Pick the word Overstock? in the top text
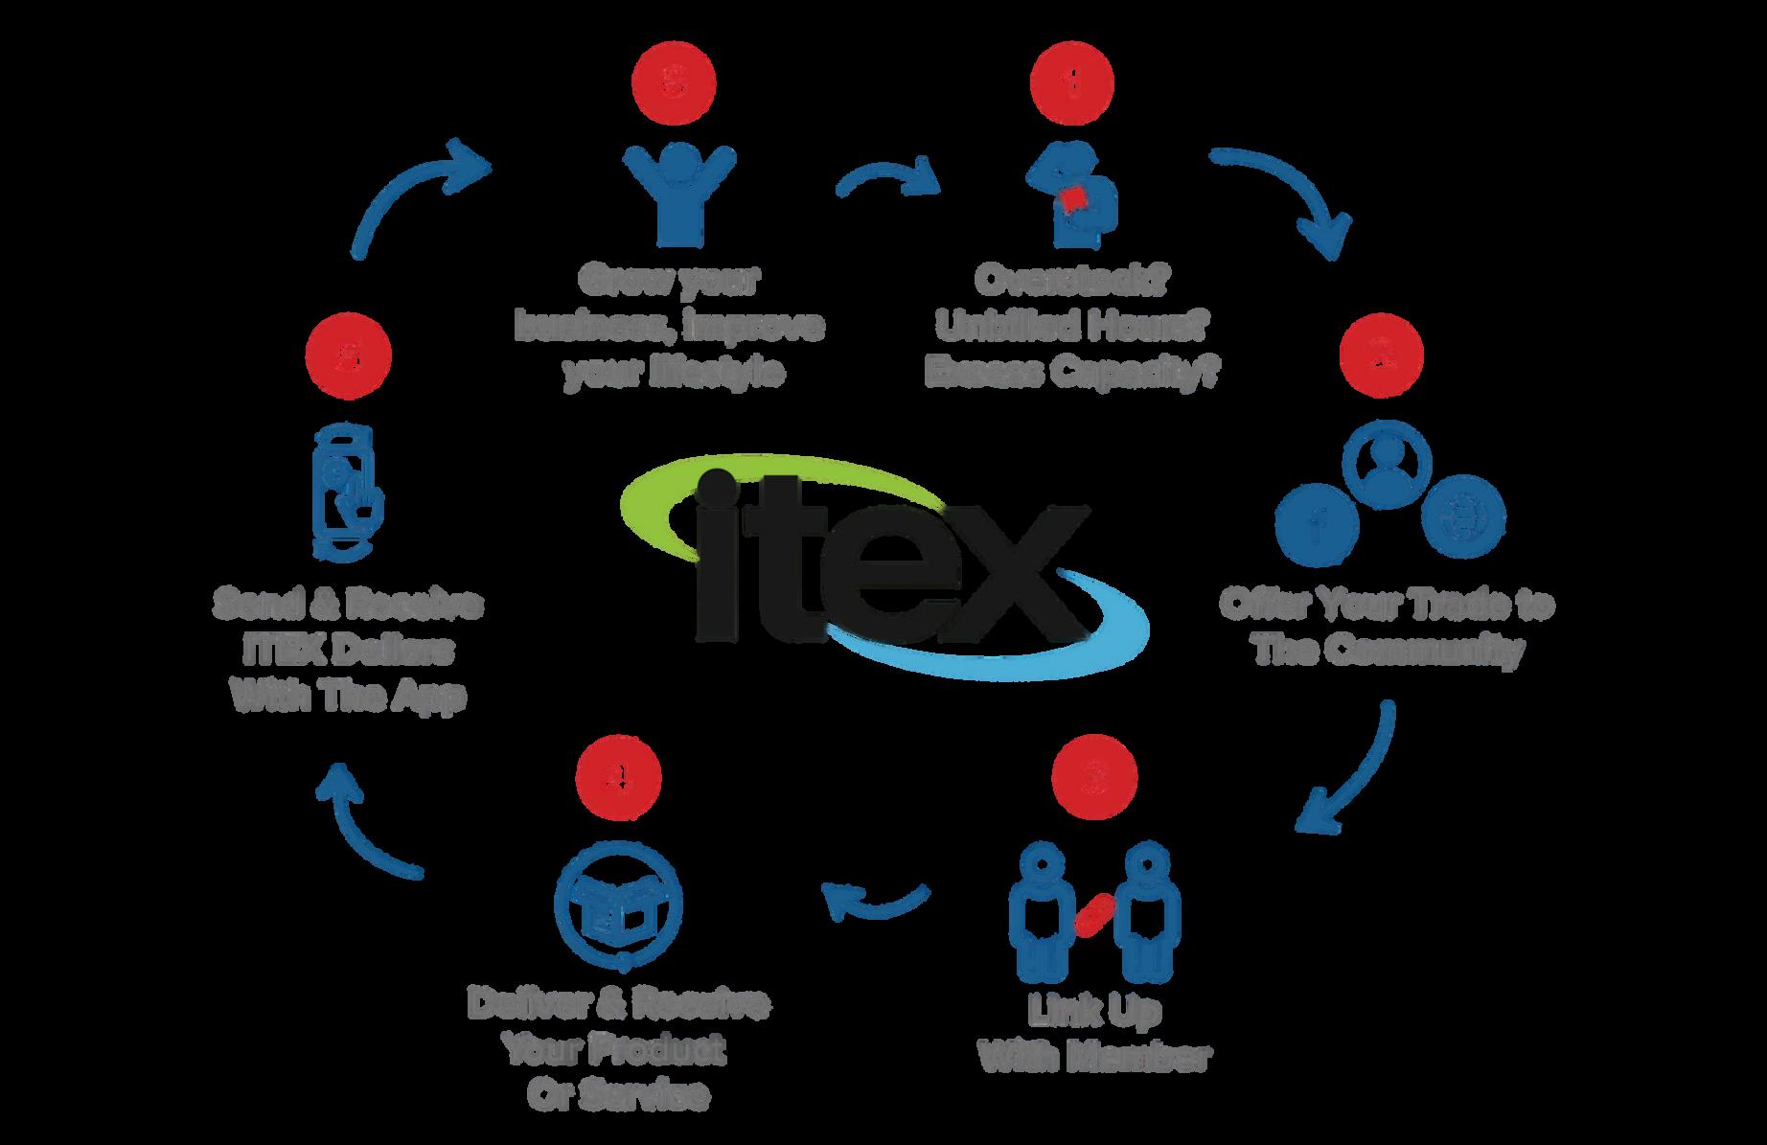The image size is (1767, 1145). (1071, 281)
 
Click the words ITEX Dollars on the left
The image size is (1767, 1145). (348, 651)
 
